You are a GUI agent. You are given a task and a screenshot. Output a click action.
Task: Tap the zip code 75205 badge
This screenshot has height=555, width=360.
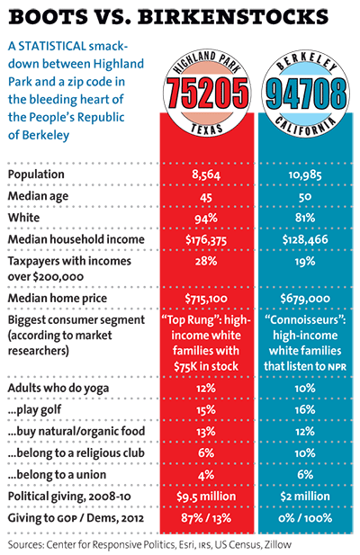[x=206, y=95]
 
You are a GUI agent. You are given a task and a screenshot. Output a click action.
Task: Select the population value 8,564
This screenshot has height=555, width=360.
[x=206, y=174]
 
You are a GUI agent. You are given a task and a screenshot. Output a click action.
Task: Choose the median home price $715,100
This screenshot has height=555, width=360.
[x=206, y=297]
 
